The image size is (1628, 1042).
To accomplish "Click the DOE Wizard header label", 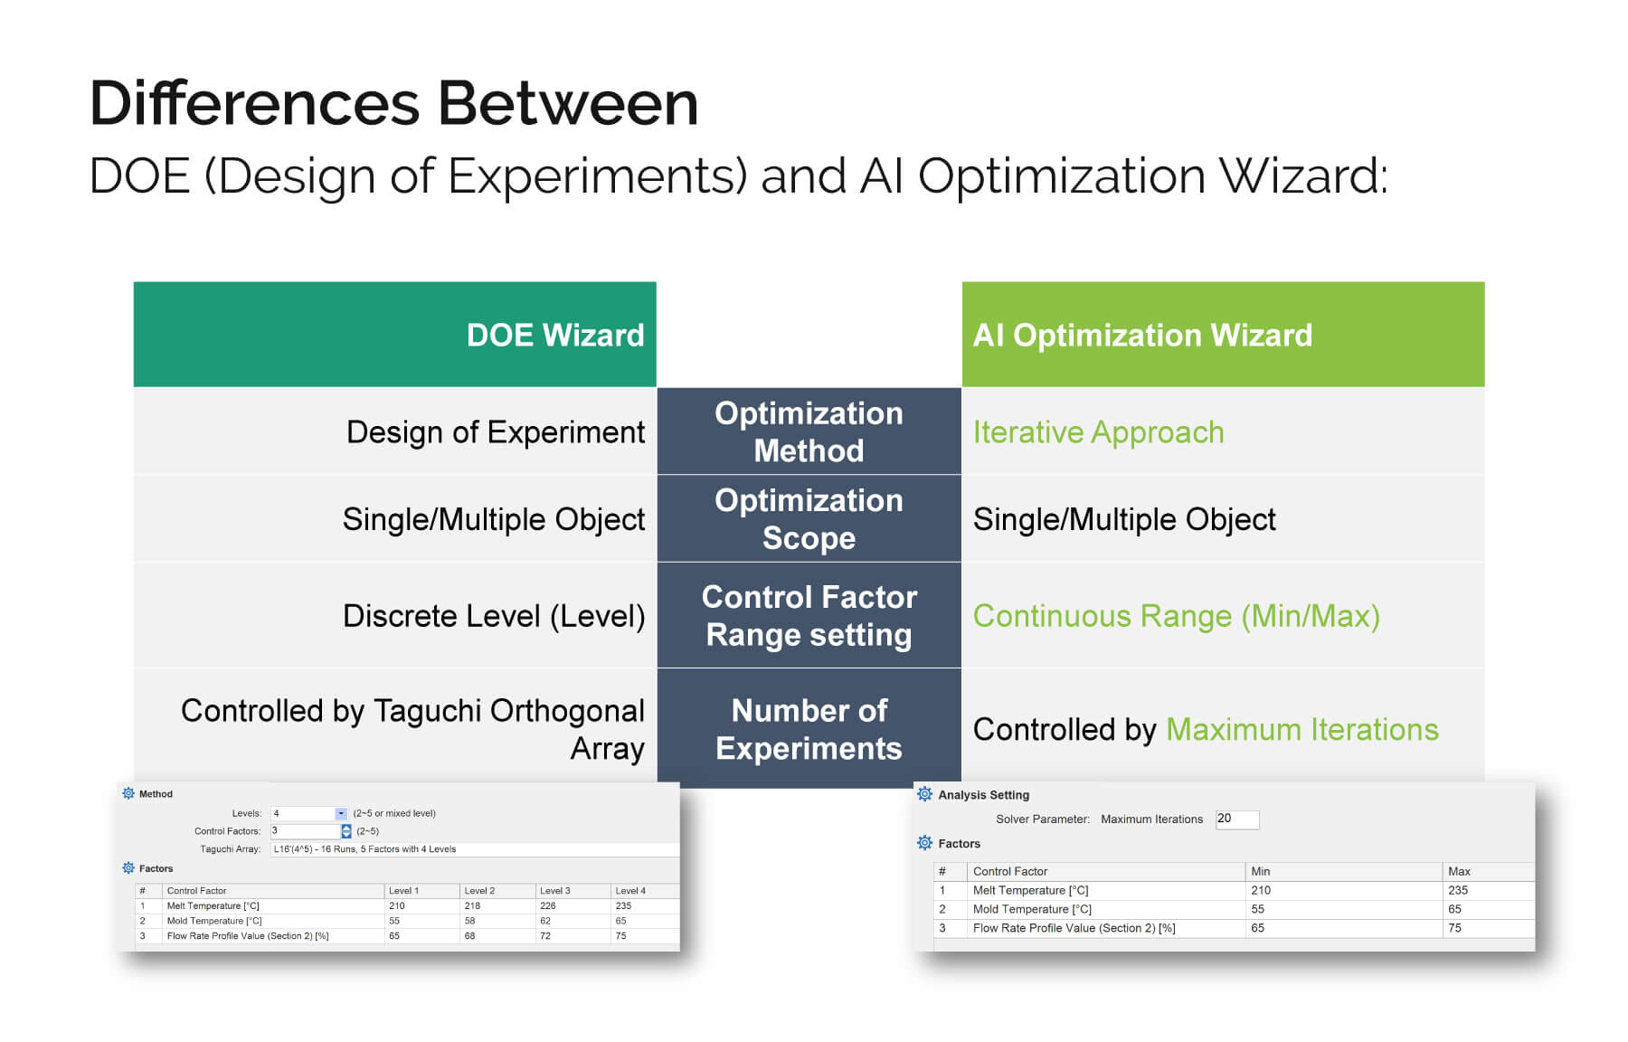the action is click(555, 336).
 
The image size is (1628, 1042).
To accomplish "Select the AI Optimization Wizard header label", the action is click(1142, 336).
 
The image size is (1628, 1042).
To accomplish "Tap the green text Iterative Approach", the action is click(1098, 432).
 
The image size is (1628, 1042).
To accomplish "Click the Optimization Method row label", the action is click(809, 431).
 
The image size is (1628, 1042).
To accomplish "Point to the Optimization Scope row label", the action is click(809, 519).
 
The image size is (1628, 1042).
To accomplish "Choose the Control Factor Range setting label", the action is click(809, 616).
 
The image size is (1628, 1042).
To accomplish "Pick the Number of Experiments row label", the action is click(809, 729).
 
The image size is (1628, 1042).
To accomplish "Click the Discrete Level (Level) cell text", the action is click(494, 616).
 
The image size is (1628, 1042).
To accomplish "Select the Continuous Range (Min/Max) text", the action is click(1176, 616).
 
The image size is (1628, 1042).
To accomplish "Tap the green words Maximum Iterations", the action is click(1302, 729).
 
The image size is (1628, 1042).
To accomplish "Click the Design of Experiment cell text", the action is click(496, 432).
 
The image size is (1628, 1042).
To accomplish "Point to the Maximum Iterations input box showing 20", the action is click(1236, 819).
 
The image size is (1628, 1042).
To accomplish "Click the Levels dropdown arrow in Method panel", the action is click(340, 813).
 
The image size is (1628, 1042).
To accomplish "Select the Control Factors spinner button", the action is click(346, 831).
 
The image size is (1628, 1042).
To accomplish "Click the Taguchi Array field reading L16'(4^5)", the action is click(475, 849).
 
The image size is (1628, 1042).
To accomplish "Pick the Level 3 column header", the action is click(554, 891).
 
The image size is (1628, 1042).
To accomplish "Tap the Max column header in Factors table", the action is click(1459, 871).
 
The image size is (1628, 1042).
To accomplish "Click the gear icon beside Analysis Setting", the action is click(924, 794).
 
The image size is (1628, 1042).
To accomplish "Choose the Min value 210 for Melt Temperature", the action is click(1261, 890).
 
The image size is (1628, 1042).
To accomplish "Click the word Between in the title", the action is click(568, 102).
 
